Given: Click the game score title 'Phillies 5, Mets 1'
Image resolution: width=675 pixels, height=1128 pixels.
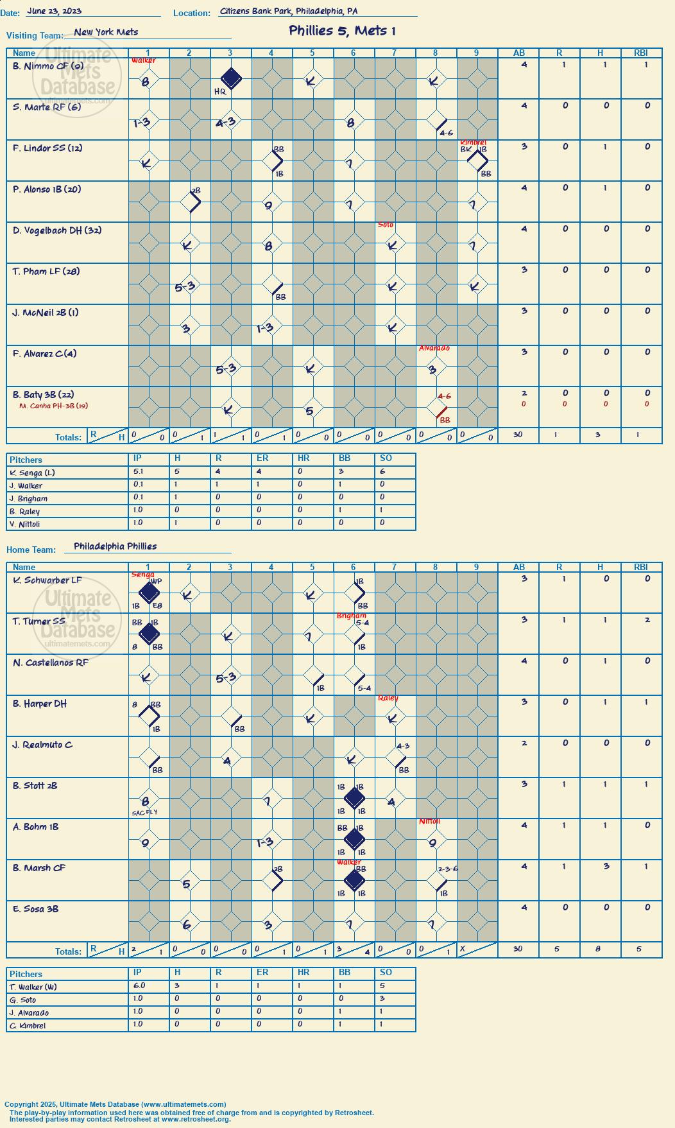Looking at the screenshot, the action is (342, 31).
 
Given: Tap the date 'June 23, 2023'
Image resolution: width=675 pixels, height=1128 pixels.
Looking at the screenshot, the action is (55, 11).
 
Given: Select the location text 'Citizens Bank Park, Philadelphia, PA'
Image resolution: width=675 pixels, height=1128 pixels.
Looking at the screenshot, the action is (289, 11).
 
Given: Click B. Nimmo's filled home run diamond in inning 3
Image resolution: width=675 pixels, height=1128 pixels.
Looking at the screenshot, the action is (231, 79).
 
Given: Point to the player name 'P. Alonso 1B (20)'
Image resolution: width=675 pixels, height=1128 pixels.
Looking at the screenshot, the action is (47, 189).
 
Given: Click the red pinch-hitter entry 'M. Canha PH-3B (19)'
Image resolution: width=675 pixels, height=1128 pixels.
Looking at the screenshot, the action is (54, 406).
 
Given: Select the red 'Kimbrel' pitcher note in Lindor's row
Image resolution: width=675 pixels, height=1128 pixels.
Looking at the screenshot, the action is (473, 143).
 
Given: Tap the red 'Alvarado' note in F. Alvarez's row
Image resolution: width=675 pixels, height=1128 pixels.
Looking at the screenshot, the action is (434, 348).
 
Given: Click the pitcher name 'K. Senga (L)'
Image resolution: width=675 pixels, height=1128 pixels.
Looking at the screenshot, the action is (33, 473).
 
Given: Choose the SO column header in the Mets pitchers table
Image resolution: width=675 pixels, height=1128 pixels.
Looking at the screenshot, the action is (386, 458).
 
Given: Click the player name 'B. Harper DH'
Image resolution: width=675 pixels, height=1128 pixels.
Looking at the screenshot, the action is (40, 704).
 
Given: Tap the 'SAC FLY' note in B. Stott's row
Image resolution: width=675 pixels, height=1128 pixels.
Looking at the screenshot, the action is (144, 812).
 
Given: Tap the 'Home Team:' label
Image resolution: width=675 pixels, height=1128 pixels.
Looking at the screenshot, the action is (31, 550).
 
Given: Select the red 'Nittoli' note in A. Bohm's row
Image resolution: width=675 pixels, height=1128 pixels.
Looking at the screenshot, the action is (430, 822).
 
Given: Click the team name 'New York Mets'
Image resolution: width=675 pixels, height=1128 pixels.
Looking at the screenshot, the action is (106, 32).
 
